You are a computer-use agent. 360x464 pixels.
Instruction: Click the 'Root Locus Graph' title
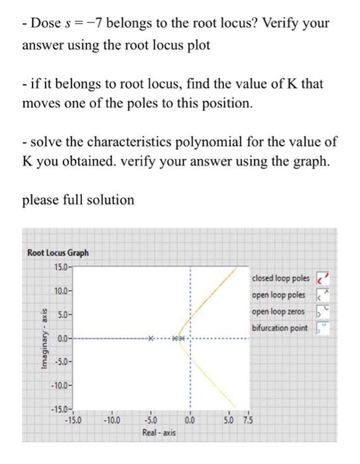[x=58, y=253]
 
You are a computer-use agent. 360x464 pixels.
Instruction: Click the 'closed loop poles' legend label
[x=281, y=278]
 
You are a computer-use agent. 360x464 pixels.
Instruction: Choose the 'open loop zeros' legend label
[x=278, y=311]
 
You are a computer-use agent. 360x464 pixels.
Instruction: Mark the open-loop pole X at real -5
[x=151, y=339]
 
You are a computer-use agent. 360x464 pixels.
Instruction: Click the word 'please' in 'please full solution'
[x=42, y=200]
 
